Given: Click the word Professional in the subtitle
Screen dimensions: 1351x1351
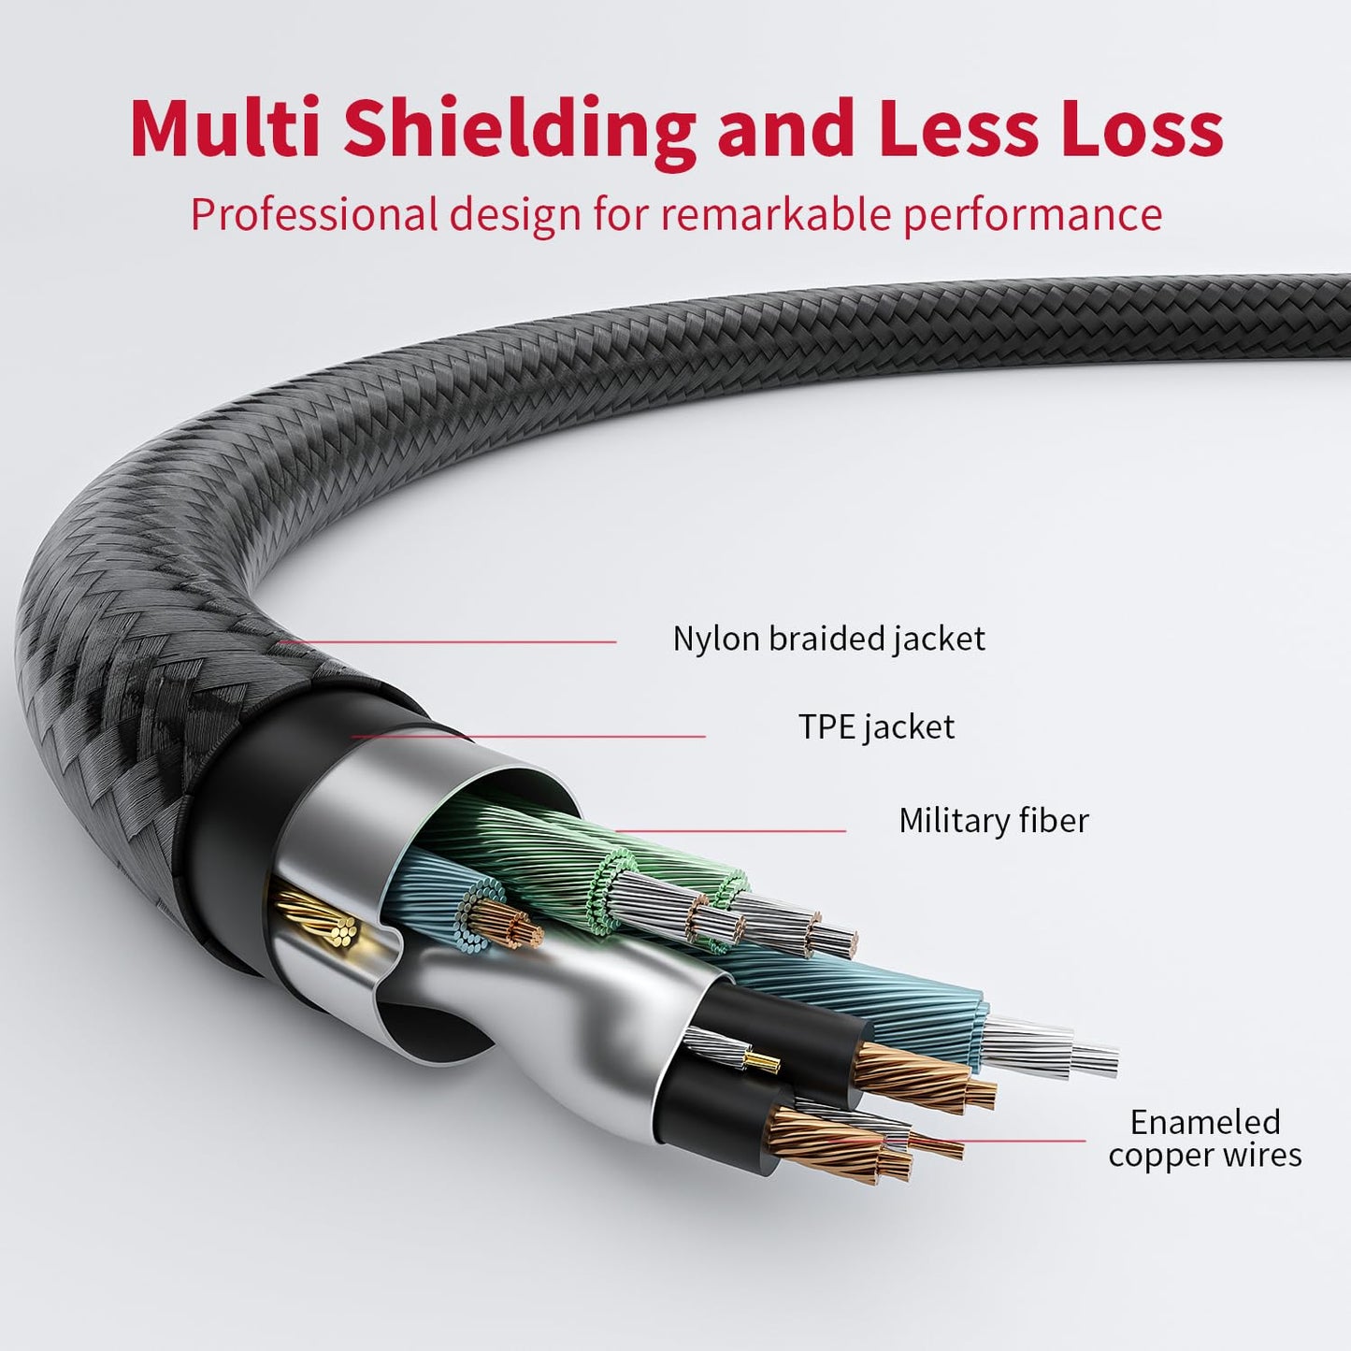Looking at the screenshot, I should (314, 214).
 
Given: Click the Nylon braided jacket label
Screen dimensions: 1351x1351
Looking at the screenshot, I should (828, 639).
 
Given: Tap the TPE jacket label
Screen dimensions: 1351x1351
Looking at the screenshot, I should (876, 726).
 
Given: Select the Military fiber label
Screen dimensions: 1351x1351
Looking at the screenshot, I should (993, 820).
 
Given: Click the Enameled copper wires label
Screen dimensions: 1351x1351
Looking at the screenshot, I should (1204, 1138).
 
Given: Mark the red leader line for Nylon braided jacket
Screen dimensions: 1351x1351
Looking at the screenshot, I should (449, 642).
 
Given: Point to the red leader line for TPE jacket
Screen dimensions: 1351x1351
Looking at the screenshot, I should (528, 737).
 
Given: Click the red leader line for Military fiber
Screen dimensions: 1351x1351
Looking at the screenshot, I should (729, 830).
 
